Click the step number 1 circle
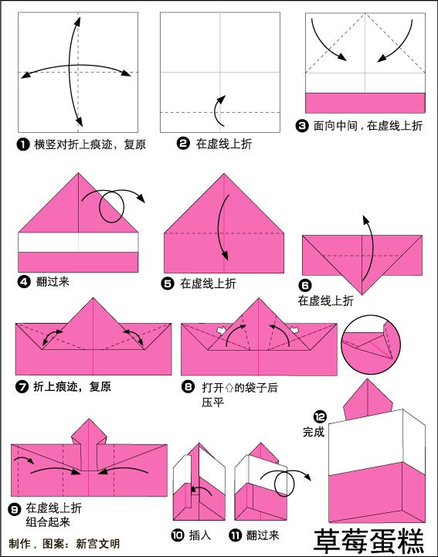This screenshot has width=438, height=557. (23, 144)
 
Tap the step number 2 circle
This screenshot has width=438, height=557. (183, 143)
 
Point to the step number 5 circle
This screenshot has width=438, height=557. (168, 284)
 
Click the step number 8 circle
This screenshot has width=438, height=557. (188, 386)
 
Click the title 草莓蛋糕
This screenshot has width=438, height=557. (368, 538)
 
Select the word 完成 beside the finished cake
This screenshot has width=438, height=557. (314, 433)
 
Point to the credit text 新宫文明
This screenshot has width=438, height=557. (97, 544)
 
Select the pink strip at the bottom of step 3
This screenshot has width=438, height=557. (365, 103)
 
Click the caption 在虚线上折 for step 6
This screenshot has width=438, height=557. (326, 301)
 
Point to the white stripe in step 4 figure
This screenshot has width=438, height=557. (77, 242)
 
